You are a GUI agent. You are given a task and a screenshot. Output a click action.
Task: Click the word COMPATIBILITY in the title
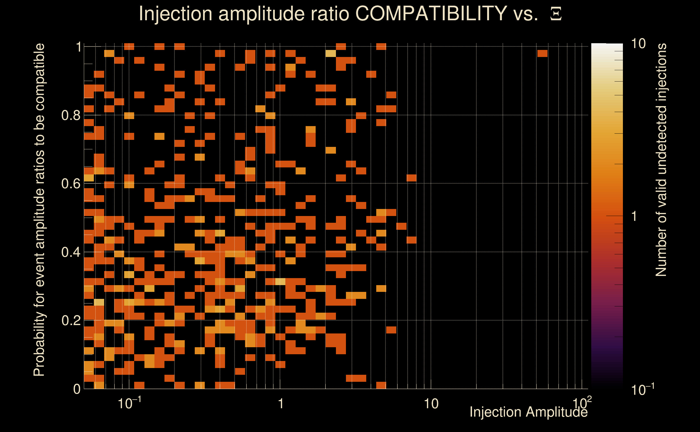pyautogui.click(x=431, y=13)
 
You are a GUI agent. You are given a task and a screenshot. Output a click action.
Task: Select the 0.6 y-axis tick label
pyautogui.click(x=71, y=183)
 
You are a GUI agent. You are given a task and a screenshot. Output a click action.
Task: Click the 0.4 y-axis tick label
pyautogui.click(x=71, y=252)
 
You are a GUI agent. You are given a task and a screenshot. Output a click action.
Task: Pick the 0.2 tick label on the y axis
pyautogui.click(x=71, y=320)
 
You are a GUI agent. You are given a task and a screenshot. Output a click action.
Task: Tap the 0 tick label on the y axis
pyautogui.click(x=77, y=389)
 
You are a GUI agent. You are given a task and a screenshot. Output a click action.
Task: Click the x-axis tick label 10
pyautogui.click(x=431, y=404)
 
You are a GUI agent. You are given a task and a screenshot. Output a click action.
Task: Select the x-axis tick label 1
pyautogui.click(x=281, y=404)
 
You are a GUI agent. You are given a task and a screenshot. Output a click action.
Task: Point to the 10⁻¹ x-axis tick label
pyautogui.click(x=129, y=403)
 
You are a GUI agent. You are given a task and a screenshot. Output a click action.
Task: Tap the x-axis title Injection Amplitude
pyautogui.click(x=529, y=412)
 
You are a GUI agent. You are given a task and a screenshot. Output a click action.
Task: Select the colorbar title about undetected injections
pyautogui.click(x=661, y=160)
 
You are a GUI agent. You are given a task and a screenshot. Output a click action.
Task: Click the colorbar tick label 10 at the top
pyautogui.click(x=638, y=44)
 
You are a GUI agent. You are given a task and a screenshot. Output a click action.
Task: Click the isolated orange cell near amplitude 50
pyautogui.click(x=542, y=53)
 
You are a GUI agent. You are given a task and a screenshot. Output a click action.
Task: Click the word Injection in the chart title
pyautogui.click(x=175, y=13)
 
